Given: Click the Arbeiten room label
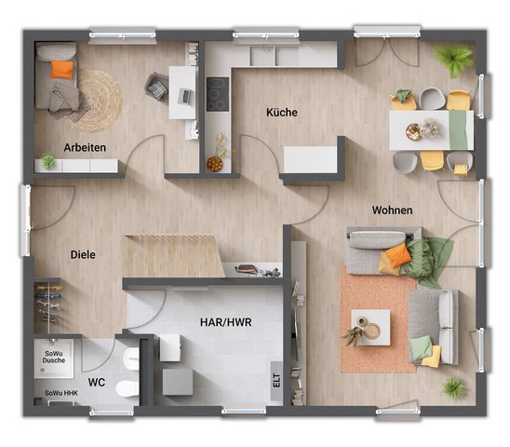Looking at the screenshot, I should point(85,147).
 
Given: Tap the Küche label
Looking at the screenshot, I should point(282,113).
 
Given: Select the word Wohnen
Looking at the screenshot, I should point(393,210).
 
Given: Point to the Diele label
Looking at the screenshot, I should point(83,253).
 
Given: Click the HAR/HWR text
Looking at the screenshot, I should point(225,321).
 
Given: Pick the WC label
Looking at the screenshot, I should point(96,382).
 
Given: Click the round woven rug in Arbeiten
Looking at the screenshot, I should point(97,100).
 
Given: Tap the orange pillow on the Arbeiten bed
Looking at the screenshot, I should point(61,69).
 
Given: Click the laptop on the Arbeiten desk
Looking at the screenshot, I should point(183,95).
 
